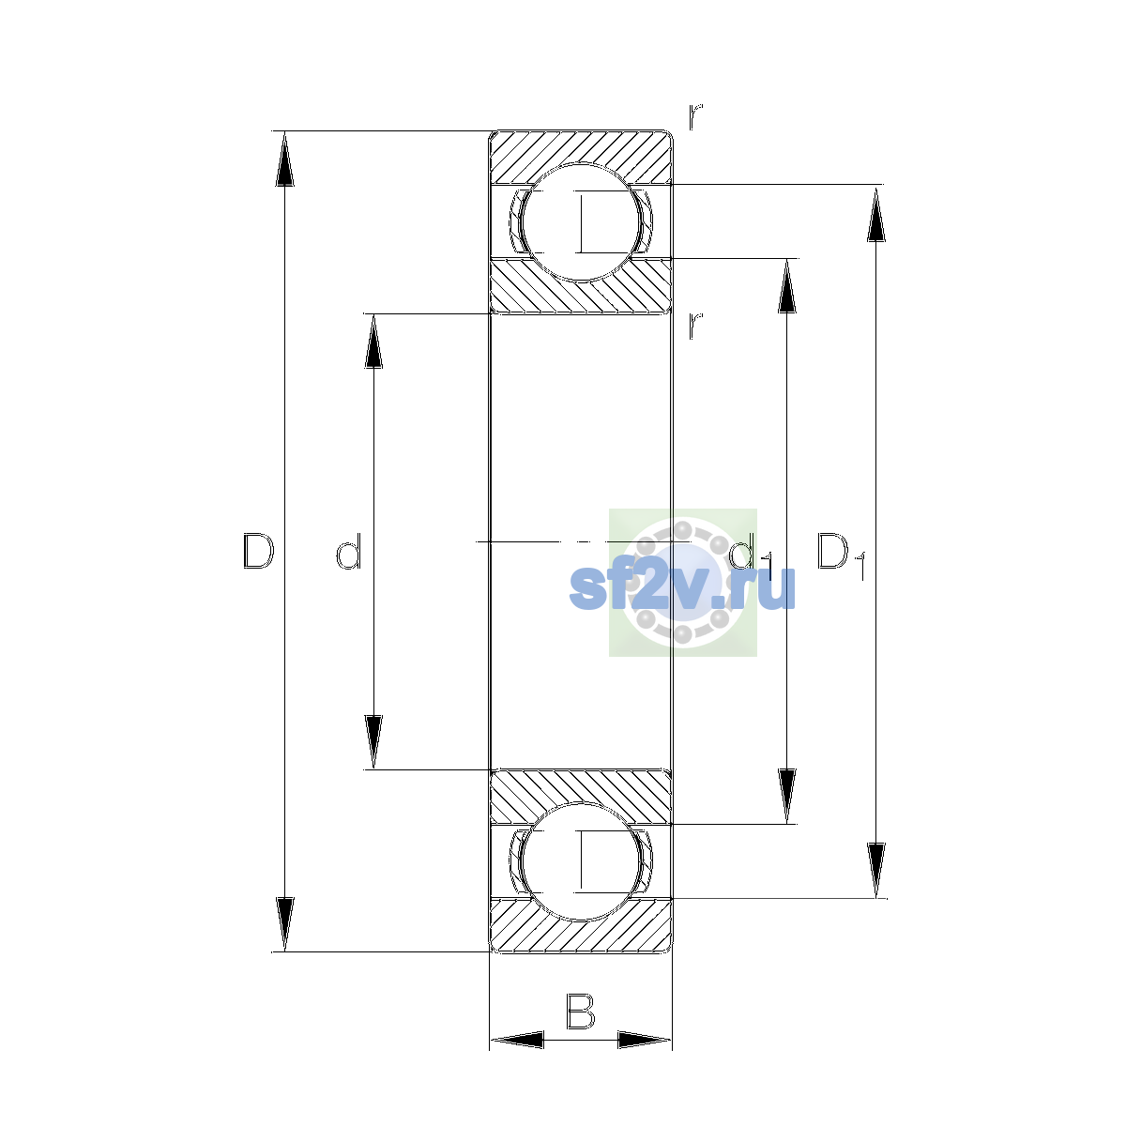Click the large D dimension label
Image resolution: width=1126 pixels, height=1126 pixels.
point(258,551)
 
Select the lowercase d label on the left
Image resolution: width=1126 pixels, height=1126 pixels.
point(349,551)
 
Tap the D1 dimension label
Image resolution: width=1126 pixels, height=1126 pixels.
point(841,555)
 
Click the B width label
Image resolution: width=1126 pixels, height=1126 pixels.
point(580,1011)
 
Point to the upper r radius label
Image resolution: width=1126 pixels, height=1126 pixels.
point(695,117)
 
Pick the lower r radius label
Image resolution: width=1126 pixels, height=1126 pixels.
point(695,326)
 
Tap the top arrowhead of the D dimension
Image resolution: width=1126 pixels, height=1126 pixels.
point(284,159)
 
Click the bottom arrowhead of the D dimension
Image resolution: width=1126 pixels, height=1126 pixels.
point(284,924)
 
